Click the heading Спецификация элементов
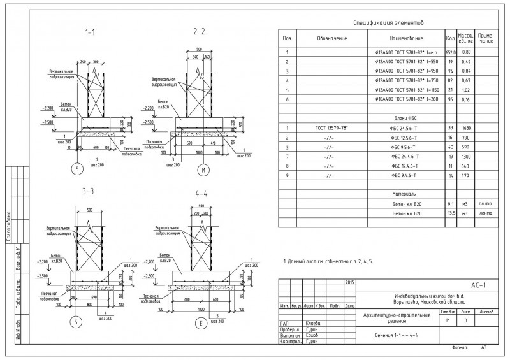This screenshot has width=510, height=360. click(x=388, y=23)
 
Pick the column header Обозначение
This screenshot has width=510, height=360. click(x=331, y=38)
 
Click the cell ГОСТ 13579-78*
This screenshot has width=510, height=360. click(x=331, y=129)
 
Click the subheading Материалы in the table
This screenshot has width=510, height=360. click(x=404, y=194)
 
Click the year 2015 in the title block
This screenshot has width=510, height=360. click(x=349, y=282)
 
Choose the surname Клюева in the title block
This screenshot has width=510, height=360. click(x=313, y=323)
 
